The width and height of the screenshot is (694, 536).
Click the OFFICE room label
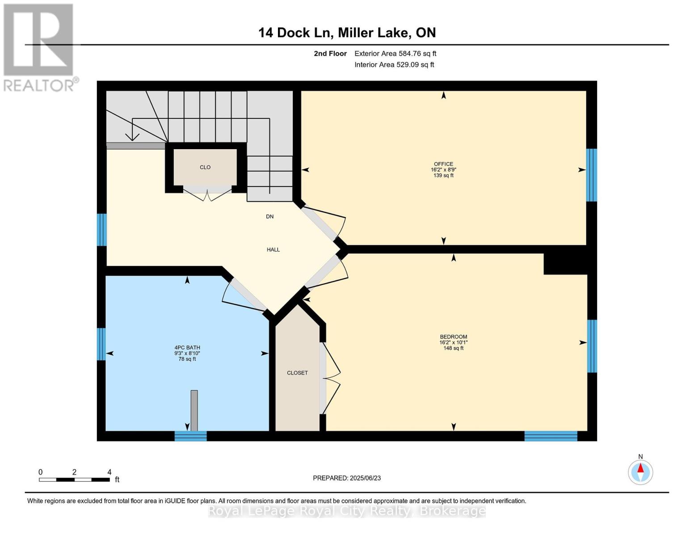[443, 164]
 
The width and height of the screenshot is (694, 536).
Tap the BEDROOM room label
[453, 337]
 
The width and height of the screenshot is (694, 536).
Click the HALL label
[273, 250]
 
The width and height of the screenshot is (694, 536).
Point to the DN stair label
[269, 217]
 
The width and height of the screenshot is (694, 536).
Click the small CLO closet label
[205, 167]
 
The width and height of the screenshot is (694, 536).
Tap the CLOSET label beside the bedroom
[297, 373]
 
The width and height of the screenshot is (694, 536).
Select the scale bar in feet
[74, 480]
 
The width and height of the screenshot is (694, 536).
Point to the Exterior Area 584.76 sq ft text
[395, 54]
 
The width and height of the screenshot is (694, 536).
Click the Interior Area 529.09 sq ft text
[394, 65]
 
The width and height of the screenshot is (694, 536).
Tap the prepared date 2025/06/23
[347, 478]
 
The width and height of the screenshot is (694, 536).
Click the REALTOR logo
[39, 47]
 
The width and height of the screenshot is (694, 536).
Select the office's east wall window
[591, 175]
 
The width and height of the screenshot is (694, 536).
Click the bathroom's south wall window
[190, 436]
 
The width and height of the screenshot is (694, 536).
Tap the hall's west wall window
[102, 230]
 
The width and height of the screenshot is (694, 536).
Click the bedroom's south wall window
[551, 436]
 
